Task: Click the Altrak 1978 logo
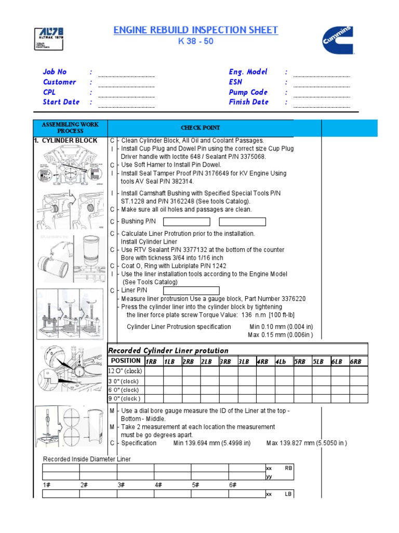point(48,39)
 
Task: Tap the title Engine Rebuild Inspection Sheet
point(196,30)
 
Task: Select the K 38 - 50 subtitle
point(196,42)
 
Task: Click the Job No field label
point(55,72)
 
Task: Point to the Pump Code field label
point(248,92)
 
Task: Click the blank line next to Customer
point(126,85)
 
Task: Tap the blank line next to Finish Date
point(322,106)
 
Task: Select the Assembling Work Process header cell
point(70,128)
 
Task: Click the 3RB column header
point(225,361)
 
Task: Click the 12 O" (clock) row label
point(125,371)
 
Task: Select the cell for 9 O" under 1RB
point(154,399)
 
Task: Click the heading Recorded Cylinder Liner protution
point(168,350)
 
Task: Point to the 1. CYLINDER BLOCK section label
point(65,141)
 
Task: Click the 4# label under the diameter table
point(158,485)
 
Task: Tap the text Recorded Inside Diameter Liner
point(87,459)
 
